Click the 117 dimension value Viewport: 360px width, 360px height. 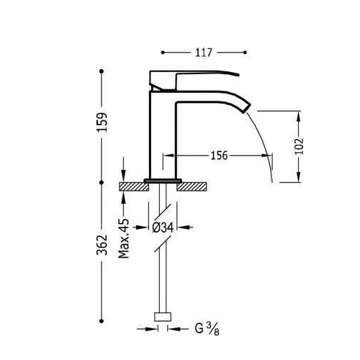(x=204, y=53)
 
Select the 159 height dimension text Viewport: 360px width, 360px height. (x=102, y=122)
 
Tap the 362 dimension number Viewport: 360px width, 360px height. (x=102, y=245)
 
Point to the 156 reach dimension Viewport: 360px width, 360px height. (x=219, y=156)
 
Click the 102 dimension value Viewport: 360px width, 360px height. (x=299, y=146)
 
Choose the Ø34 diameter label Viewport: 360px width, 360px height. (x=163, y=228)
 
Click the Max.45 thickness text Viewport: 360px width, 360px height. (x=124, y=238)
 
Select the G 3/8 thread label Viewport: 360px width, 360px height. (x=207, y=328)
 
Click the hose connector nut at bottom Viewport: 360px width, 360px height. (x=163, y=317)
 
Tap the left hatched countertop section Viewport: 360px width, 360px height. (x=134, y=186)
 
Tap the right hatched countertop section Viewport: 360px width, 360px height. (x=192, y=186)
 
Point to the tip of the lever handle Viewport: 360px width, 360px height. (x=238, y=75)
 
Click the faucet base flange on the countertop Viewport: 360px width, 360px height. (x=163, y=181)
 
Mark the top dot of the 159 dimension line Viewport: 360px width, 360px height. (x=102, y=71)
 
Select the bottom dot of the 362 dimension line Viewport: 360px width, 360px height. (x=102, y=321)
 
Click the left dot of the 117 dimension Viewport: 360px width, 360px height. (x=163, y=53)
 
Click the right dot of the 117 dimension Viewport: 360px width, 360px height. (x=245, y=53)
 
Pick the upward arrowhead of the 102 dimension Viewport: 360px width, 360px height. (x=299, y=117)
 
